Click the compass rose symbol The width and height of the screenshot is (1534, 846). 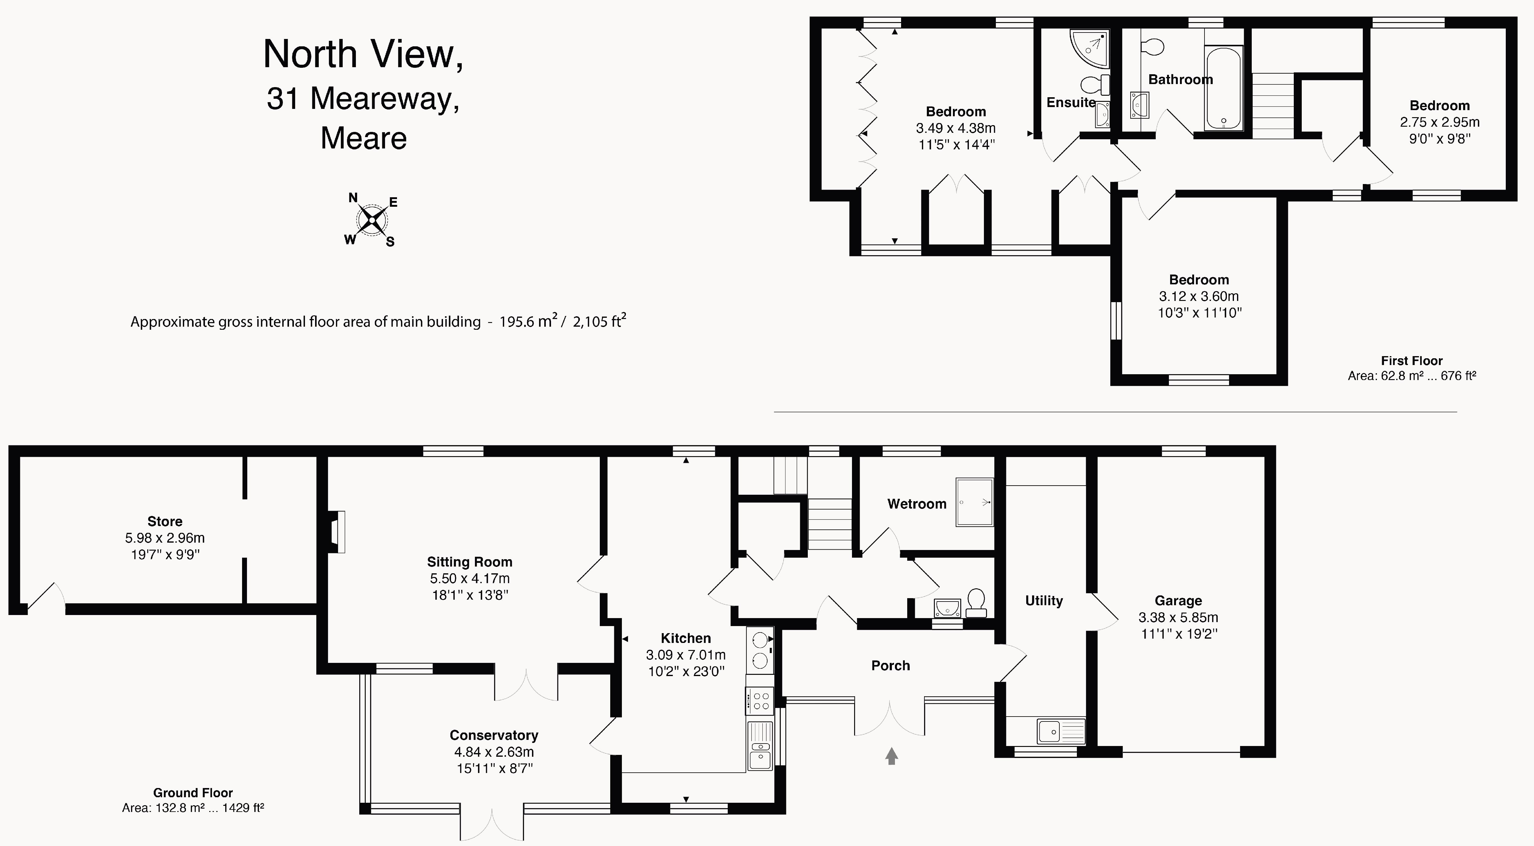pos(372,220)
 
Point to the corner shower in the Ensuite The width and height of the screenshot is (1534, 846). pos(1090,48)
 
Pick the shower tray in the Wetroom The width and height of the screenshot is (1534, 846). pos(974,502)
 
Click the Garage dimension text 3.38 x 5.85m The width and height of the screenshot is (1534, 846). pos(1178,617)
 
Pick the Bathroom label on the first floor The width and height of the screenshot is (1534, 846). pos(1180,79)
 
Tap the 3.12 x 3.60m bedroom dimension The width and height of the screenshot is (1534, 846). pos(1199,296)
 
